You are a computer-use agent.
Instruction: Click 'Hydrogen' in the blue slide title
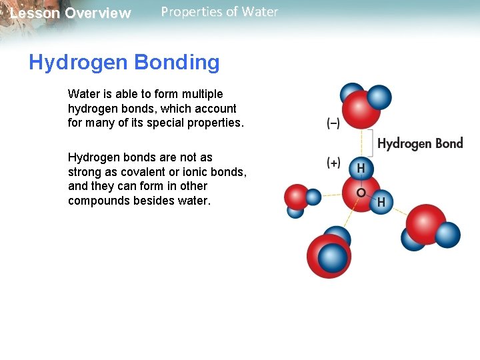[78, 63]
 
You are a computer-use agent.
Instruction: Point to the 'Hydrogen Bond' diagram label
[420, 143]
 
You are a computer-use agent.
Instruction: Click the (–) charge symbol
[333, 123]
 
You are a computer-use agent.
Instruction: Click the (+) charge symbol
[333, 163]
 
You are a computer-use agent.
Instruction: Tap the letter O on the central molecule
[361, 193]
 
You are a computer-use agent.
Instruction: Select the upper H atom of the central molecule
[361, 169]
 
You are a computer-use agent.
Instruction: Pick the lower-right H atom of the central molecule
[382, 201]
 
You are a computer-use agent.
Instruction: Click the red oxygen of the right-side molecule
[425, 223]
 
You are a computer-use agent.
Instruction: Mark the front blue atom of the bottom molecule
[333, 257]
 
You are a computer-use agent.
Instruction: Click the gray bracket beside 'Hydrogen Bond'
[371, 143]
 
